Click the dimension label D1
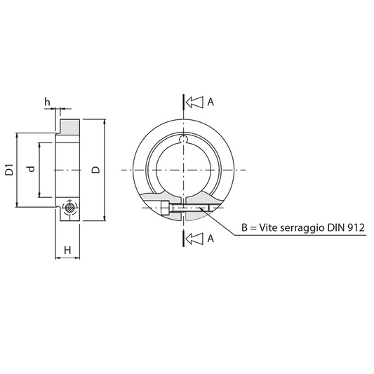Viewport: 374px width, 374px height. point(10,170)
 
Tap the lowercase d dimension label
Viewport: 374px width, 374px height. point(32,169)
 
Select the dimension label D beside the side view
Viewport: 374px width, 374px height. point(96,170)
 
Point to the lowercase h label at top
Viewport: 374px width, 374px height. point(48,102)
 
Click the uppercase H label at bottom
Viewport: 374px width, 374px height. point(67,251)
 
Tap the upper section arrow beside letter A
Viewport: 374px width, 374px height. point(194,102)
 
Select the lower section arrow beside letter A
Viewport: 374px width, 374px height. point(194,239)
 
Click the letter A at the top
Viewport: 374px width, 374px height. point(211,102)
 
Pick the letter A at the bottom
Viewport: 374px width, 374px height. point(211,239)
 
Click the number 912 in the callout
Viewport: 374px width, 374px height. point(356,228)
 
